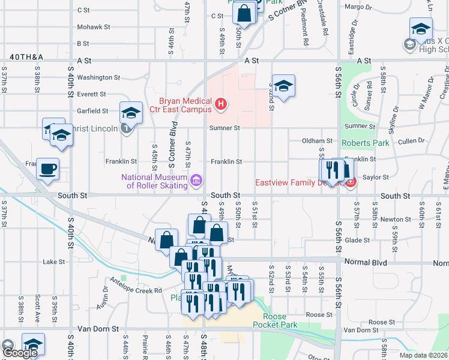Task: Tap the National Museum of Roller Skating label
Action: point(155,181)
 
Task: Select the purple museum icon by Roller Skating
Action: point(196,181)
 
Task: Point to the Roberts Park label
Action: point(365,143)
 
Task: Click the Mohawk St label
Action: point(94,27)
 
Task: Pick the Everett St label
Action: point(91,94)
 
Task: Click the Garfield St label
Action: point(92,111)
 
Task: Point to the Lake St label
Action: point(53,262)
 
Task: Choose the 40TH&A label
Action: point(26,57)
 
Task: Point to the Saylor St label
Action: point(377,177)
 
